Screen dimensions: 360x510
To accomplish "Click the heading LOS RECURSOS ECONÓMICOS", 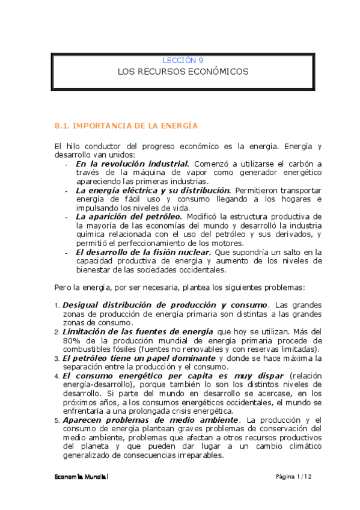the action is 183,72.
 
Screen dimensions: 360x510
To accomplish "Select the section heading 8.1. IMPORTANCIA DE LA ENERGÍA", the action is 126,126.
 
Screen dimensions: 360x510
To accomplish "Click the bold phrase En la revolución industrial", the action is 132,164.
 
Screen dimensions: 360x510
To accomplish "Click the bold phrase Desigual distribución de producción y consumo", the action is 165,305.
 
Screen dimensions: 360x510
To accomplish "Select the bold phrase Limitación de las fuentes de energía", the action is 138,331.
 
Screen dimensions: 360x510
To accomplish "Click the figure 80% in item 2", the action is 70,340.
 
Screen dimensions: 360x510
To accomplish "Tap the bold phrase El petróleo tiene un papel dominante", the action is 139,358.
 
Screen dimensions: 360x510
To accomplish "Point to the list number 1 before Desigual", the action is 57,306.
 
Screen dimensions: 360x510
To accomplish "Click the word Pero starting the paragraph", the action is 63,287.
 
